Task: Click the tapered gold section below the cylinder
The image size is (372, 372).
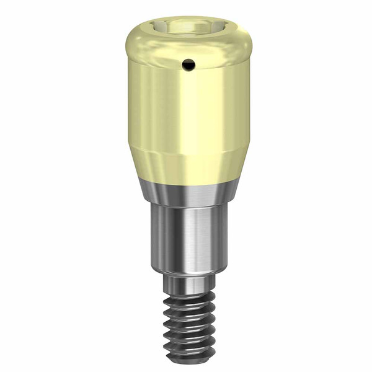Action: tap(186, 165)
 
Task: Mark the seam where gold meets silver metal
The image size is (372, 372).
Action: tap(186, 180)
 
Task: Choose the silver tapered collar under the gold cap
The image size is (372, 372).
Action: tap(186, 192)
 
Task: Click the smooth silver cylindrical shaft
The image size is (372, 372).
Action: tap(186, 236)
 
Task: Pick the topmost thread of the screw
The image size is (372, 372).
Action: tap(186, 296)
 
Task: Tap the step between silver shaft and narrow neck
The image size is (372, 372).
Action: tap(186, 273)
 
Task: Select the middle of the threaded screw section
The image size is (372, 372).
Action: tap(187, 322)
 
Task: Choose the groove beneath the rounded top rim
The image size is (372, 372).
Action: tap(186, 59)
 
